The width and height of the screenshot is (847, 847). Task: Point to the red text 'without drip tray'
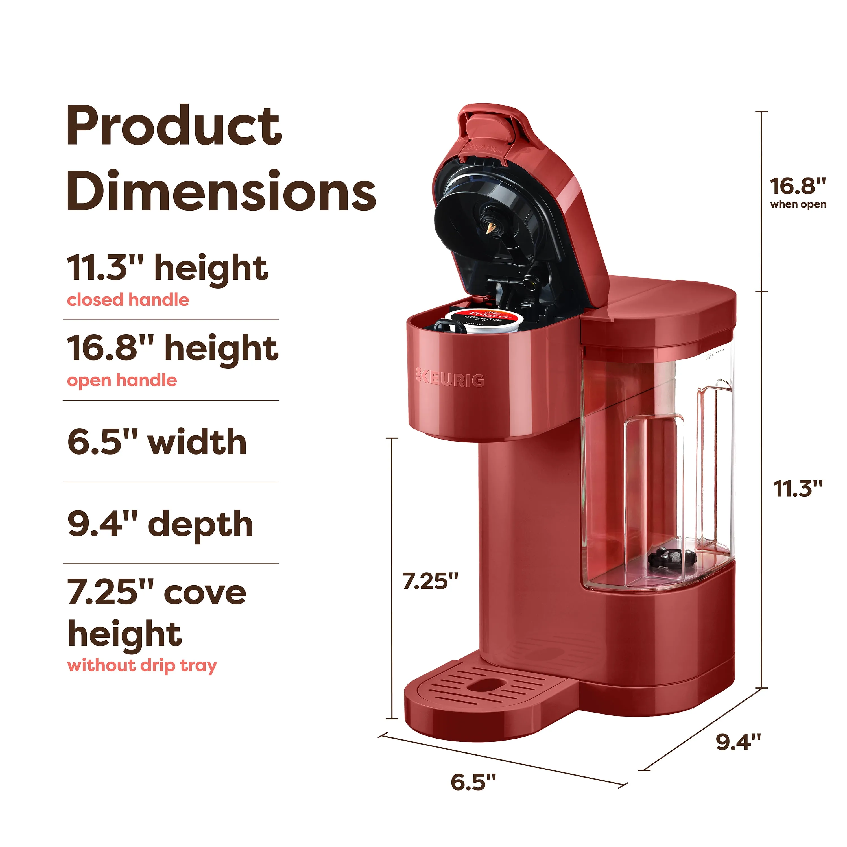pos(142,665)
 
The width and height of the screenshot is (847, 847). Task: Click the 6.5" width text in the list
pos(157,442)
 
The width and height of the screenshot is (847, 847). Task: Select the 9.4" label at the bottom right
pos(738,741)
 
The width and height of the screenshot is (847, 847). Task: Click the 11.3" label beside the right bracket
pos(797,488)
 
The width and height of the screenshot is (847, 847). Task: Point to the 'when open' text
pos(798,204)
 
